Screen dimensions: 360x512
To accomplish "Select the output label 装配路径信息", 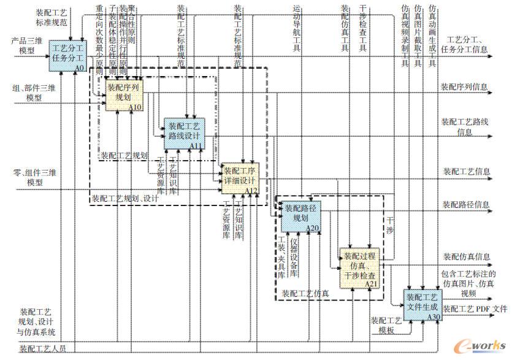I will pyautogui.click(x=466, y=204).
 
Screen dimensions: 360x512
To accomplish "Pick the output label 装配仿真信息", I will pyautogui.click(x=467, y=256).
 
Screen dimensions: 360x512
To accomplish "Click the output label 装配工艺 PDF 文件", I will pyautogui.click(x=475, y=308).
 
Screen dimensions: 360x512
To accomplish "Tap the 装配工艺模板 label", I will pyautogui.click(x=386, y=325).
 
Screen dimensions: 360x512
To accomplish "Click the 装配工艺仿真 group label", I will pyautogui.click(x=305, y=293).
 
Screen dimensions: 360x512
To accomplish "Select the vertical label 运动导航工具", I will pyautogui.click(x=297, y=31).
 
